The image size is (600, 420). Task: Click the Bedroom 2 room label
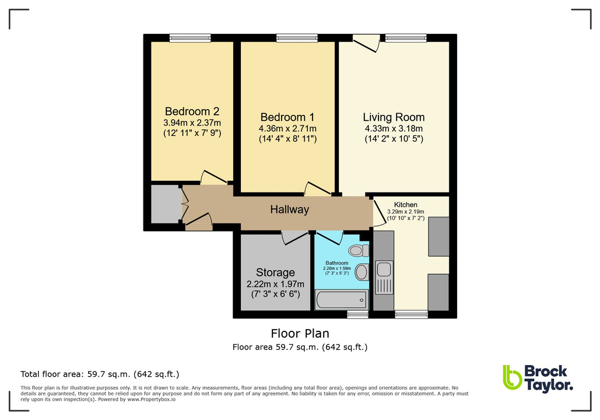(192, 111)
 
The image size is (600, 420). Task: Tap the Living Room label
(394, 117)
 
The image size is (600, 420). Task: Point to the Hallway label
(289, 209)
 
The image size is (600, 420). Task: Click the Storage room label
(275, 272)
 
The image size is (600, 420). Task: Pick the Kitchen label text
(409, 205)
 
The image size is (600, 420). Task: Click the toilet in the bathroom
(357, 250)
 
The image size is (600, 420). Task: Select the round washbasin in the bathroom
(362, 272)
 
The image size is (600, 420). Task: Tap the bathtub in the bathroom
(341, 300)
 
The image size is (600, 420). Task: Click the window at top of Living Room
(405, 38)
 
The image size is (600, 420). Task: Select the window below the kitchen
(411, 314)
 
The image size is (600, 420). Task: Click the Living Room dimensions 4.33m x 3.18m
(394, 129)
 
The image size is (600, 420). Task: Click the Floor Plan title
(300, 334)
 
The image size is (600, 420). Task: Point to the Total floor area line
(100, 374)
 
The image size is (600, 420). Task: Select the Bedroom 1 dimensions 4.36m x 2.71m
(287, 128)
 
